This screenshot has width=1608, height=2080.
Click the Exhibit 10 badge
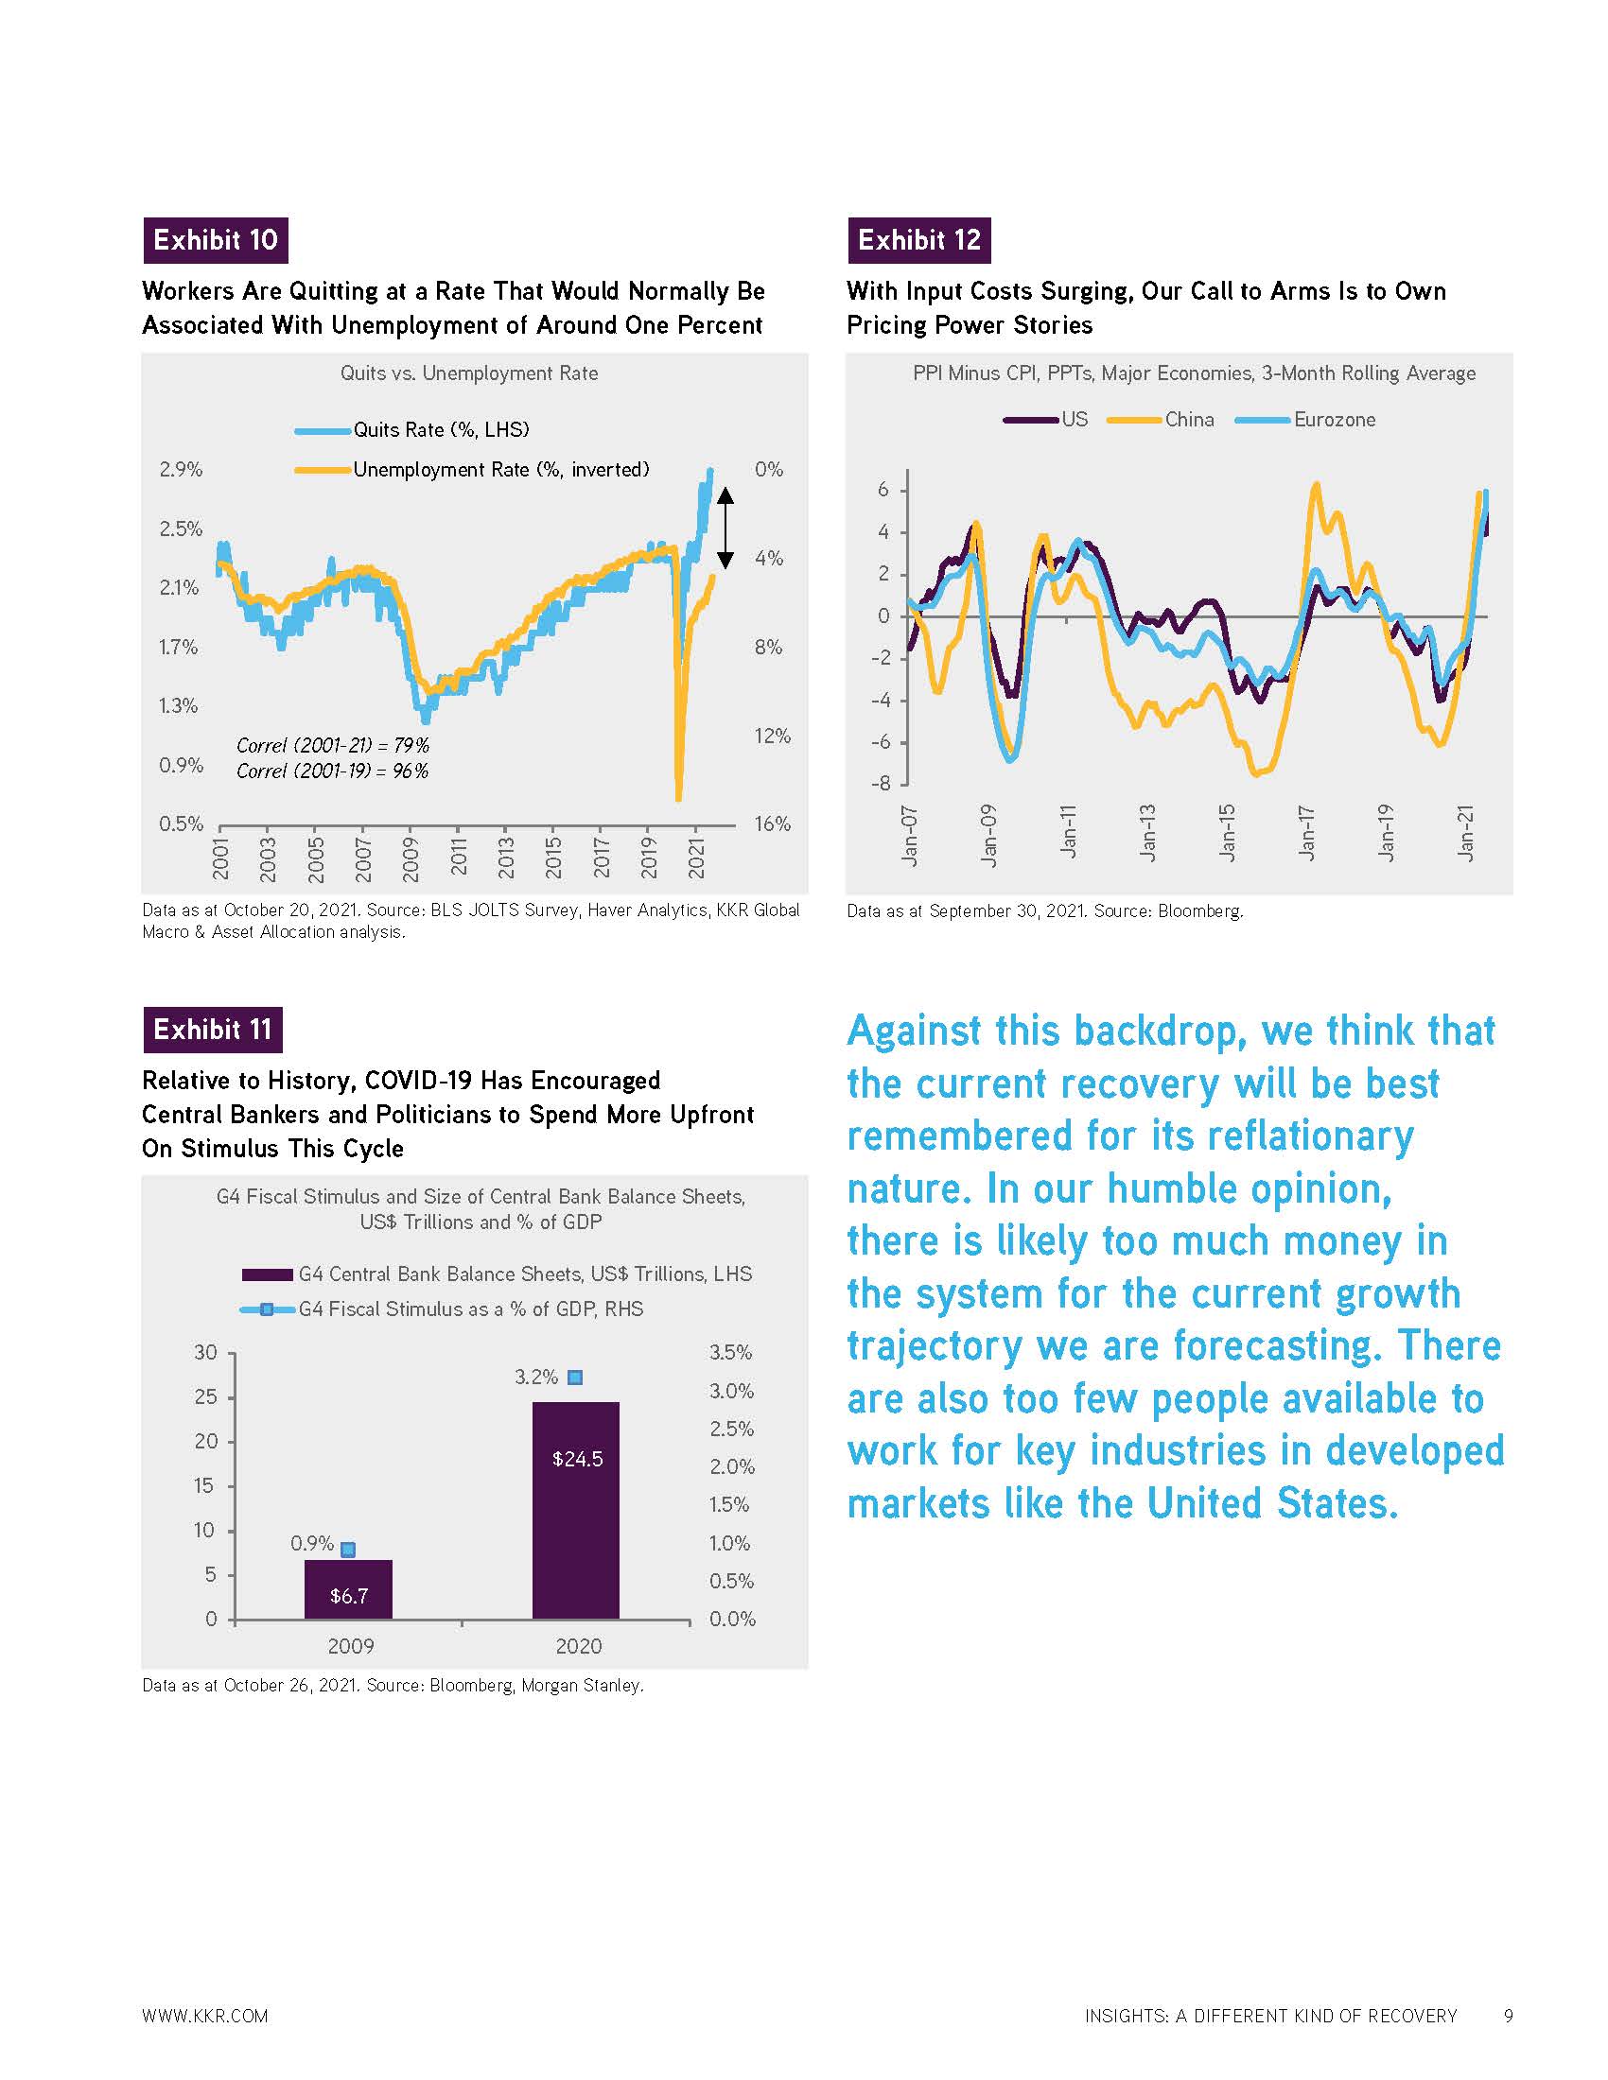pyautogui.click(x=216, y=240)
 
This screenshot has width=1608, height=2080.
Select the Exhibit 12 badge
pyautogui.click(x=919, y=240)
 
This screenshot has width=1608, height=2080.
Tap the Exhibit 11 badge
pyautogui.click(x=213, y=1030)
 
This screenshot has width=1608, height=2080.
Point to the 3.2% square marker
pyautogui.click(x=575, y=1378)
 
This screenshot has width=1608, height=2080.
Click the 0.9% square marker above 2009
pyautogui.click(x=349, y=1550)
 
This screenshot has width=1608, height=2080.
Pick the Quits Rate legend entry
pyautogui.click(x=412, y=430)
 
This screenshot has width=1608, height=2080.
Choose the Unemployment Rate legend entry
pyautogui.click(x=473, y=470)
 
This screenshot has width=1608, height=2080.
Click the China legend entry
pyautogui.click(x=1162, y=420)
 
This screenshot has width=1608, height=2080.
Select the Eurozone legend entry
pyautogui.click(x=1306, y=420)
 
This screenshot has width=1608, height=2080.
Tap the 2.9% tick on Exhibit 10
pyautogui.click(x=181, y=470)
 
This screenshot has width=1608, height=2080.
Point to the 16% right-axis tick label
pyautogui.click(x=772, y=824)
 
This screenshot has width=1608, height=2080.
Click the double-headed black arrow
pyautogui.click(x=725, y=528)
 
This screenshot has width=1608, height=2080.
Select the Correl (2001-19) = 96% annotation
pyautogui.click(x=332, y=771)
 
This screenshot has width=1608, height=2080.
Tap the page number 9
pyautogui.click(x=1508, y=2016)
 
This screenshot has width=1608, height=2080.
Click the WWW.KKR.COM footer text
pyautogui.click(x=205, y=2017)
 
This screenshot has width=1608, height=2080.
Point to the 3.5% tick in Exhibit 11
pyautogui.click(x=730, y=1352)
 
